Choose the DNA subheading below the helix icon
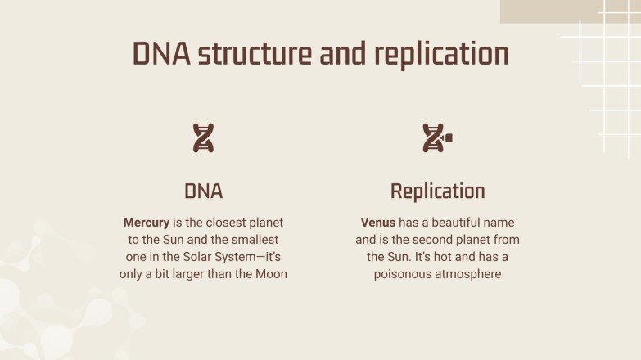[x=203, y=191]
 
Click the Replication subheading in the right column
[x=437, y=191]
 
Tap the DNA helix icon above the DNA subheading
[x=203, y=138]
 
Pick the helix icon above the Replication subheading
[x=436, y=138]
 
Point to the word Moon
[x=270, y=274]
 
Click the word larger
[x=190, y=274]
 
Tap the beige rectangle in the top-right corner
[x=570, y=11]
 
